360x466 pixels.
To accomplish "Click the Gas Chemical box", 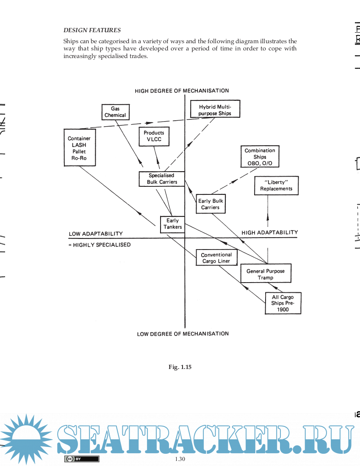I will point(115,112).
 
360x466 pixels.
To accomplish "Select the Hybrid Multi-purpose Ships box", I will point(215,110).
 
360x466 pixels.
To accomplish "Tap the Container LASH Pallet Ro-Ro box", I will point(79,148).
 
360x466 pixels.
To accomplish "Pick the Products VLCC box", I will point(154,136).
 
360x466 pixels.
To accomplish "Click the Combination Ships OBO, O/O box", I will point(260,157).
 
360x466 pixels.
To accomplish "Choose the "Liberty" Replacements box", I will point(276,186).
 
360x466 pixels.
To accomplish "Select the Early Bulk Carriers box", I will point(210,204).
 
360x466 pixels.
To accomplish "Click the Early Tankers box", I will point(172,224).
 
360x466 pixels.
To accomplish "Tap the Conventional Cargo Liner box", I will point(216,258).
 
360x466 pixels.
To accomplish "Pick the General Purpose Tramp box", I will point(266,274).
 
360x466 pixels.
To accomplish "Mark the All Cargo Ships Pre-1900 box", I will point(283,303).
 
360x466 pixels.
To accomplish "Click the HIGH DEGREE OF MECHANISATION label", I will point(182,91).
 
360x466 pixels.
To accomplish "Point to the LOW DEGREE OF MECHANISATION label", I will point(183,334).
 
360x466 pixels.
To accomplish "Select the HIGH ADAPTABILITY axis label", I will point(269,233).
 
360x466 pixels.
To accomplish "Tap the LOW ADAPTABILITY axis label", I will point(96,234).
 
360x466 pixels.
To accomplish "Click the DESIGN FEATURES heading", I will point(92,30).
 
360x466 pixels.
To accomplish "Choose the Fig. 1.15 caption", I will point(180,367).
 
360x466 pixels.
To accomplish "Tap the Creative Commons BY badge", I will point(81,459).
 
